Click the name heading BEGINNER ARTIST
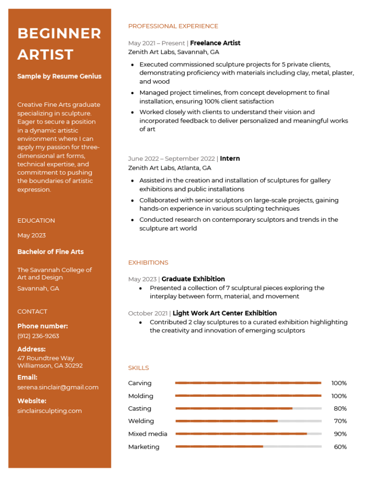tap(59, 44)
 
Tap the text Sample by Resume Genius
tap(59, 76)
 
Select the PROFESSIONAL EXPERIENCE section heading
tap(173, 26)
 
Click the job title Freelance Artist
tap(215, 43)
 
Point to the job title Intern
tap(230, 159)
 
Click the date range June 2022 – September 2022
tap(171, 159)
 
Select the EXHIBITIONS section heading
tap(148, 263)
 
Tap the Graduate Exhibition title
tap(193, 279)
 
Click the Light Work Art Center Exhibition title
tap(224, 313)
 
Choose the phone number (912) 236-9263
tap(38, 336)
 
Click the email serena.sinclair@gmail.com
tap(58, 387)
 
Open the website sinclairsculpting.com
tap(49, 411)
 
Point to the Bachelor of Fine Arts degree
tap(50, 252)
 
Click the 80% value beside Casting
tap(340, 409)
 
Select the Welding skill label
tap(141, 421)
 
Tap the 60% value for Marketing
tap(340, 447)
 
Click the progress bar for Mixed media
tap(248, 434)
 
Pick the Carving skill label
tap(140, 383)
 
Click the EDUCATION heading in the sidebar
tap(36, 221)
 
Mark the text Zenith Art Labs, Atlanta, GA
tap(170, 168)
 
